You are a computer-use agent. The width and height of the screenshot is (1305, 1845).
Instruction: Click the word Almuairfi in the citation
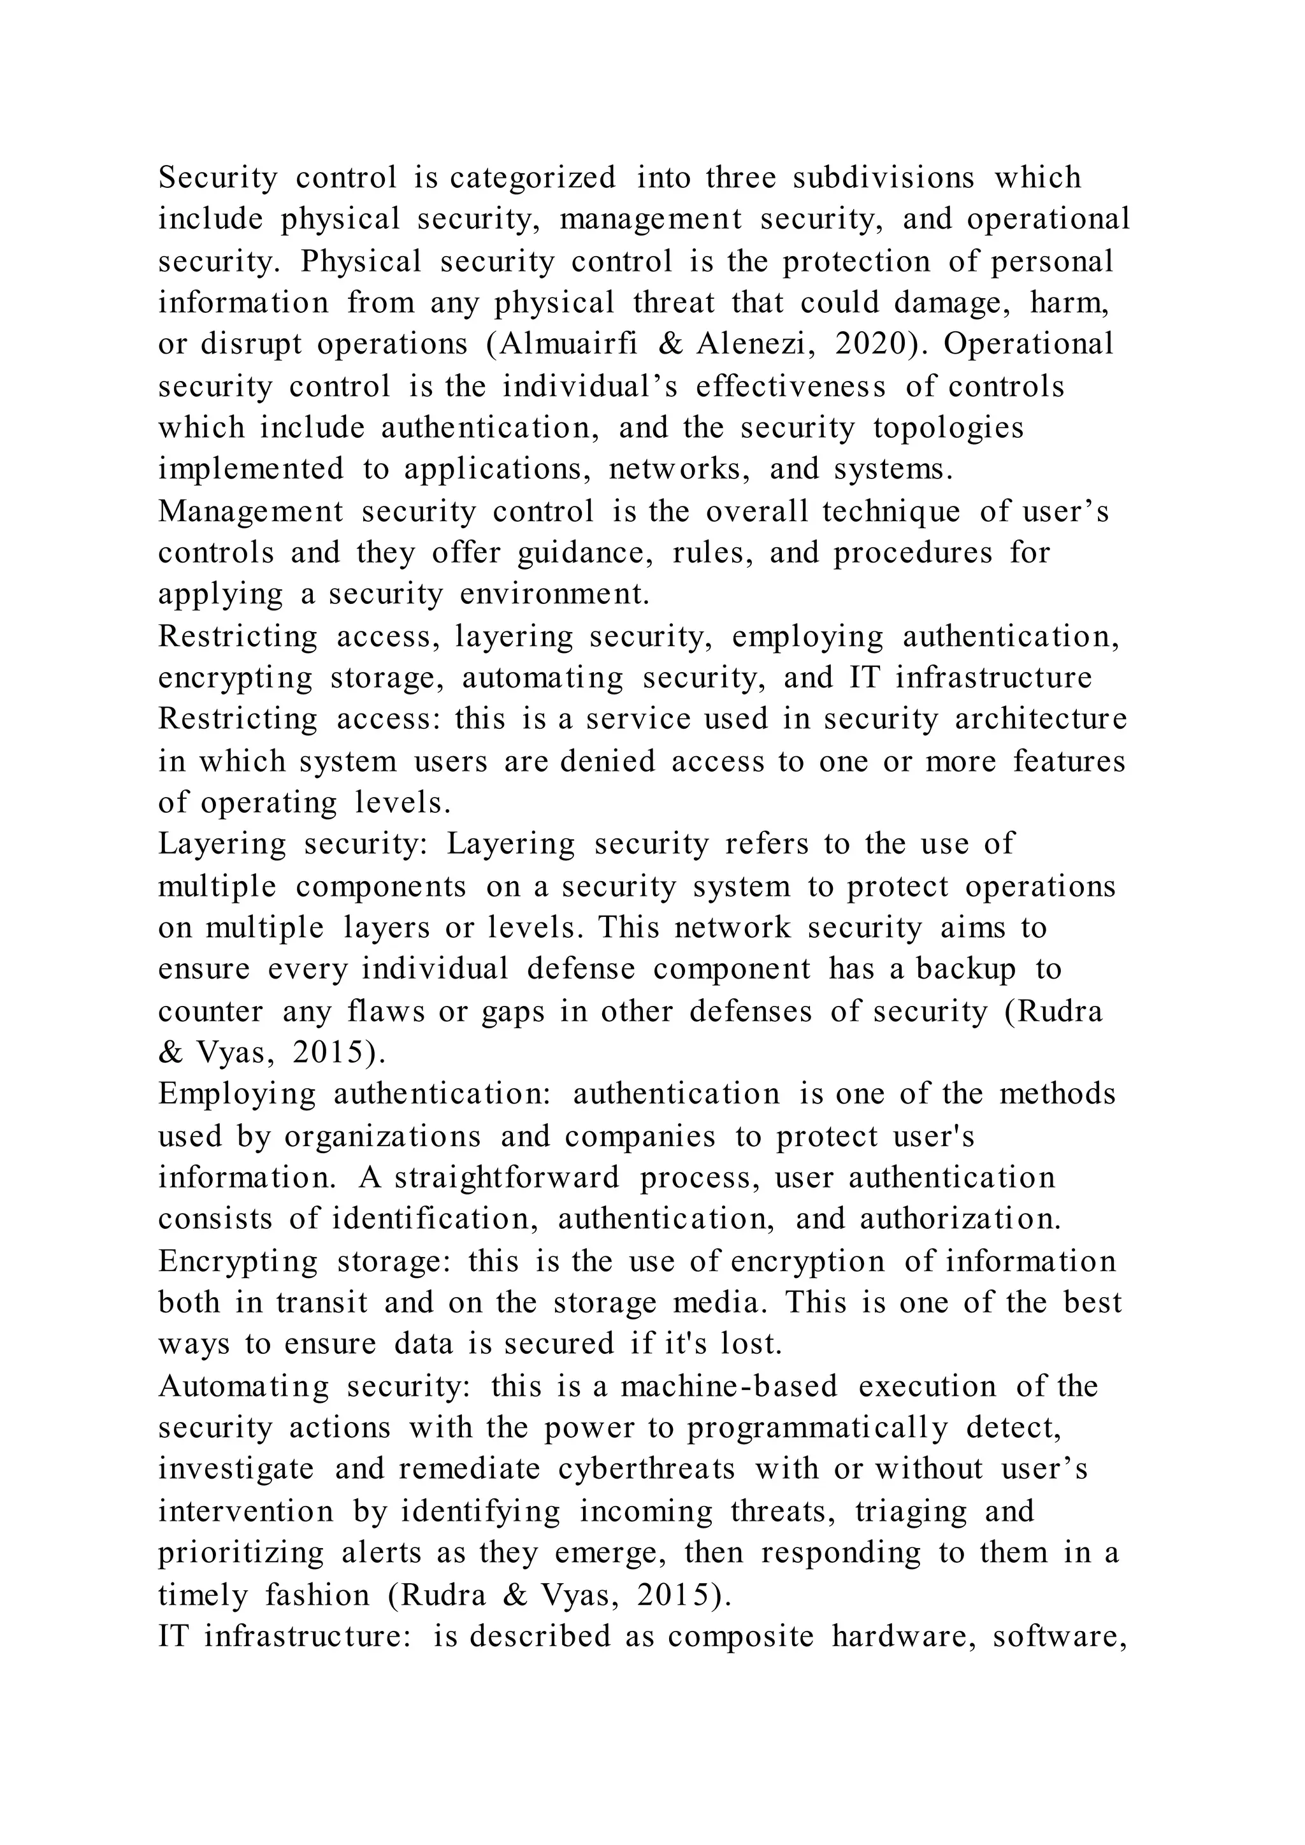[x=569, y=345]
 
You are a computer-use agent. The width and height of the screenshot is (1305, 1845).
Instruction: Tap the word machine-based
[x=729, y=1388]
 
